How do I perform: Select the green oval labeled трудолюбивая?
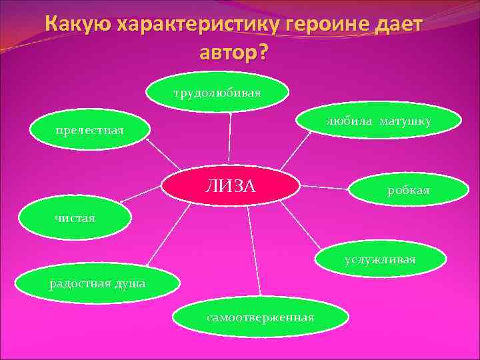pos(217,94)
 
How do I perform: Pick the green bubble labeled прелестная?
pos(90,130)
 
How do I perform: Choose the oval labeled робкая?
pos(408,191)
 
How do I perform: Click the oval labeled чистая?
pos(75,217)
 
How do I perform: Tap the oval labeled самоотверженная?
pos(260,317)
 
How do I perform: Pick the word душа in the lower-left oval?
pos(129,285)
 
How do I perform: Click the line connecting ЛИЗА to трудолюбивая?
pos(229,142)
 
